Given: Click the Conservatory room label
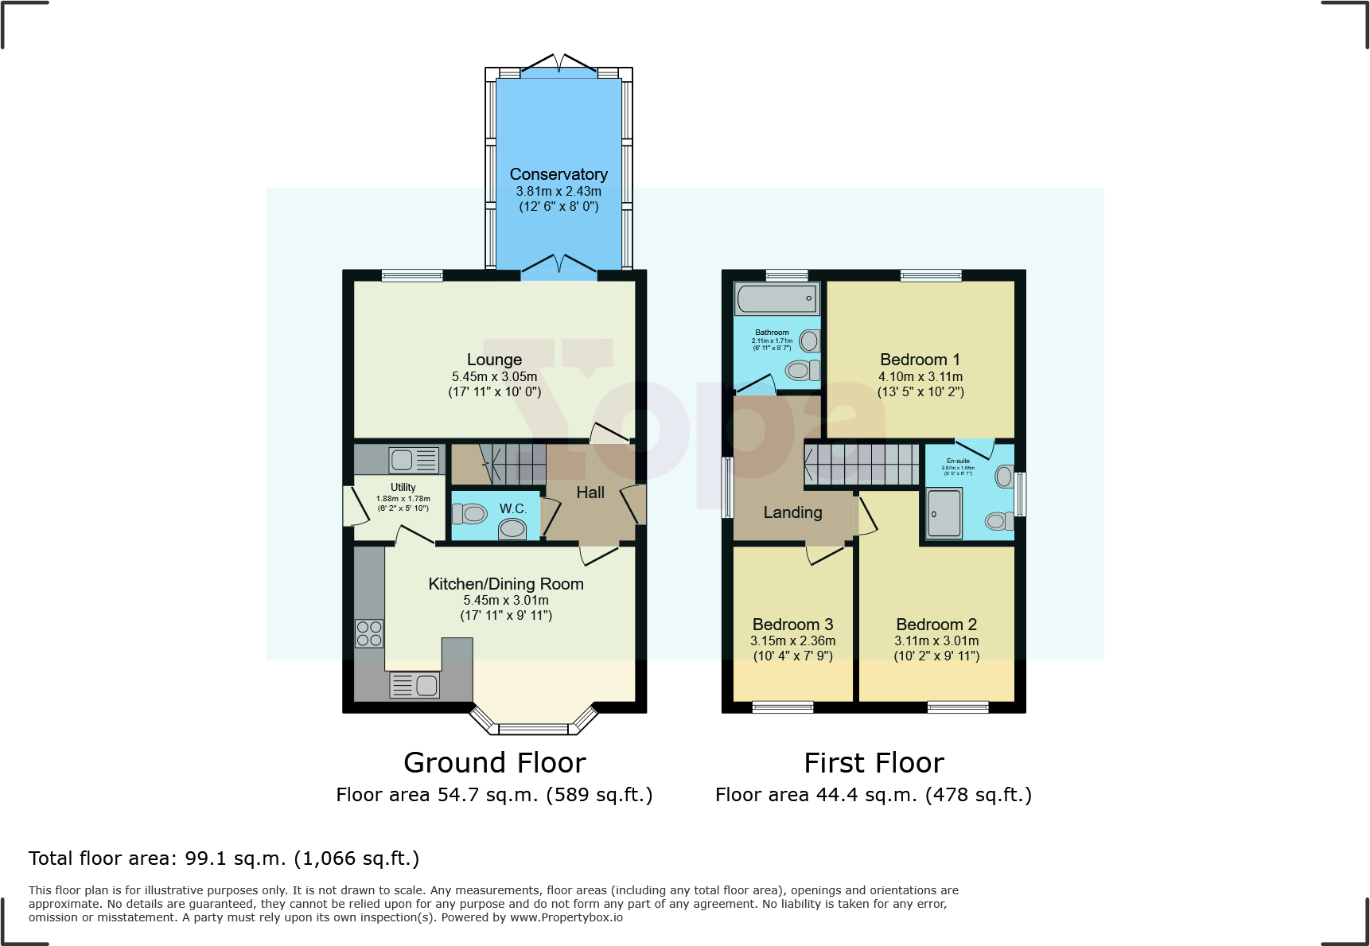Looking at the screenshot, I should point(559,174).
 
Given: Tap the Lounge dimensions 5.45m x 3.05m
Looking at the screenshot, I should point(494,376).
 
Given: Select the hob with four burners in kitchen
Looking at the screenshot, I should point(369,633).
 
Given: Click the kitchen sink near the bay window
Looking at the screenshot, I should point(415,685).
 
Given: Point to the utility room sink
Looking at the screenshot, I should point(414,460).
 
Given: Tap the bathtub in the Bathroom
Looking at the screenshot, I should point(776,299).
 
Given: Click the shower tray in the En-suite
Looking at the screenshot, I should point(944,514).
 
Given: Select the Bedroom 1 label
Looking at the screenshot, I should point(920,360).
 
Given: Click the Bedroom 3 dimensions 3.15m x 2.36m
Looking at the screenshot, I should point(792,640).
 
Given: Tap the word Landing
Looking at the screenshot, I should point(792,512).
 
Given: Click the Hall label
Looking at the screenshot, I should point(590,492).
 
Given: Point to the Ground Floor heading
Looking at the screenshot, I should point(494,762).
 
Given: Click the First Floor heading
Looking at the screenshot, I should point(874,762).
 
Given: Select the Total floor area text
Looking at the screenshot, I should point(224,858).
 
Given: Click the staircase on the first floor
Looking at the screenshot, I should point(862,464).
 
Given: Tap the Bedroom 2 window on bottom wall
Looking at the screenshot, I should point(958,707).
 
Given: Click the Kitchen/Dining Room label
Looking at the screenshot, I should point(506,584).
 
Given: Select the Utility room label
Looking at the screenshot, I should point(403,487).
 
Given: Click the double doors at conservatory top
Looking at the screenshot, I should point(559,64).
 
